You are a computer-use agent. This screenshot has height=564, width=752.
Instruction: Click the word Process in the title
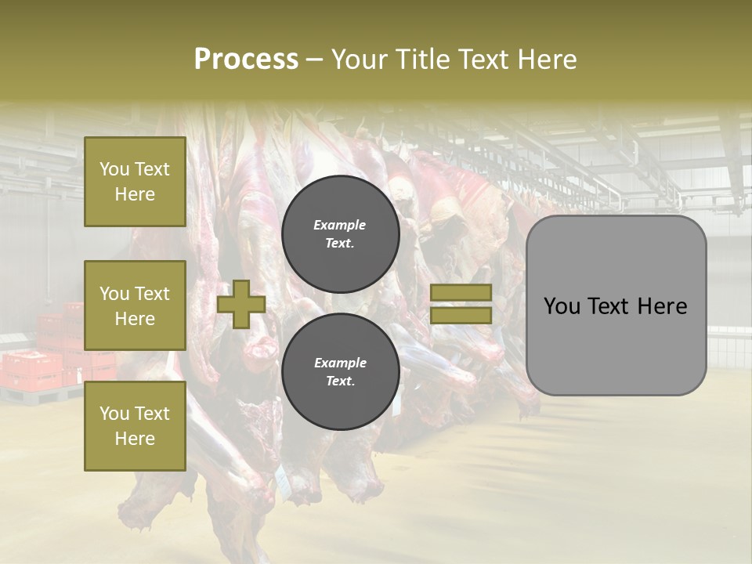click(246, 60)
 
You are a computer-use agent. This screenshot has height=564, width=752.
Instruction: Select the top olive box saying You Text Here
click(135, 182)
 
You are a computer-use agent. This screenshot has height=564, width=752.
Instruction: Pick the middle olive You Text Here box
click(135, 305)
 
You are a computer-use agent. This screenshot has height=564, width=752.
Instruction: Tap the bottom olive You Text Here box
click(135, 426)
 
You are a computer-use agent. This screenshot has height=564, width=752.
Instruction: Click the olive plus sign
click(241, 304)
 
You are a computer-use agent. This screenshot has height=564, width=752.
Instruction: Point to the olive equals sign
click(461, 304)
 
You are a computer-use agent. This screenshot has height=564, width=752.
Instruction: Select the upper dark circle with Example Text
click(341, 233)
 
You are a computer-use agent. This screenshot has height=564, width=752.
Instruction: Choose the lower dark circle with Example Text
click(341, 371)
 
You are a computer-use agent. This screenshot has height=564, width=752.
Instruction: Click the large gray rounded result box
click(616, 305)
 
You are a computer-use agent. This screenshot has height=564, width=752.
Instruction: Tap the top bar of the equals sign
click(461, 293)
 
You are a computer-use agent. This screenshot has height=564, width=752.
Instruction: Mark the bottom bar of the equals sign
click(461, 316)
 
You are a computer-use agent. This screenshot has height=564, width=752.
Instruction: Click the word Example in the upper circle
click(340, 225)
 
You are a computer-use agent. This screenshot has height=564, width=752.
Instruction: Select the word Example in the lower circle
click(340, 363)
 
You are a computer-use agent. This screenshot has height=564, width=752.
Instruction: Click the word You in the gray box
click(562, 306)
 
